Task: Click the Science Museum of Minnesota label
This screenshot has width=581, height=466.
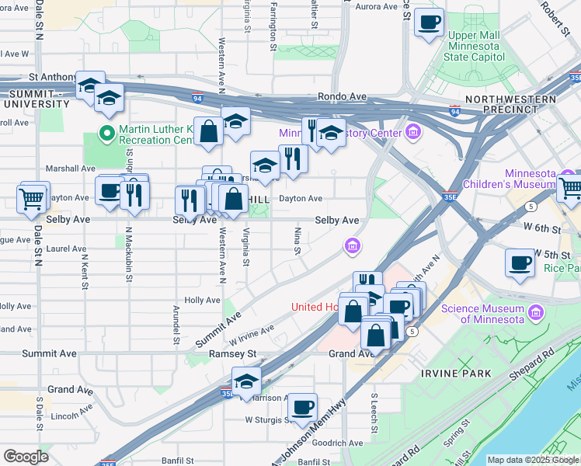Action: [482, 314]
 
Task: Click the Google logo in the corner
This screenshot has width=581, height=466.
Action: [26, 456]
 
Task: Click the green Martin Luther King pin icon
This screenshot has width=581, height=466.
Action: [107, 134]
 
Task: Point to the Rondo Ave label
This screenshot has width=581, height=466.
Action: [342, 96]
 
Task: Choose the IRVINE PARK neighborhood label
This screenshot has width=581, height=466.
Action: [456, 374]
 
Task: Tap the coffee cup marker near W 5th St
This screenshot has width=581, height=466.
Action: [519, 263]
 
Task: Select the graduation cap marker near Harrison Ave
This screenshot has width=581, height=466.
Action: [246, 381]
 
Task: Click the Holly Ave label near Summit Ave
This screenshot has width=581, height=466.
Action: [203, 300]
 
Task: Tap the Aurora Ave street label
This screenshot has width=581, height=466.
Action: [376, 7]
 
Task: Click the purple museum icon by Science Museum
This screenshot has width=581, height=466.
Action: [535, 314]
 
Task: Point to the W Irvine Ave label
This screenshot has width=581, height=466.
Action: [251, 336]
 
